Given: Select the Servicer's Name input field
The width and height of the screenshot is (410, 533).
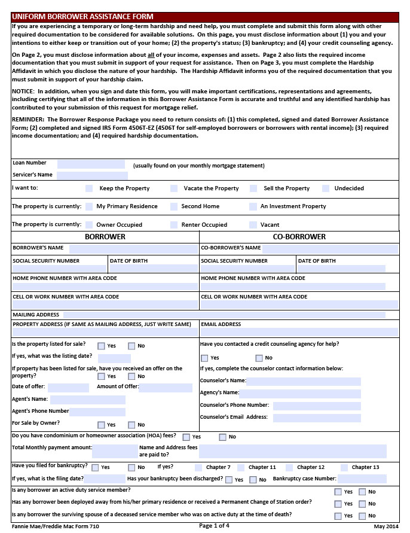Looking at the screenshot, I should [x=91, y=175].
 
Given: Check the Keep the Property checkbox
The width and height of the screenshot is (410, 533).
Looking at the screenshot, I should [x=89, y=188].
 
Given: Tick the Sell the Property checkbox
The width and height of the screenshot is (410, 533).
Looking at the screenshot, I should [x=253, y=188].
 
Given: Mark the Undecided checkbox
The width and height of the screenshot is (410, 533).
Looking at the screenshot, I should [x=326, y=188].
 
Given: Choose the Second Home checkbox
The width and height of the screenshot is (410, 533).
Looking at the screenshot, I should [x=174, y=206].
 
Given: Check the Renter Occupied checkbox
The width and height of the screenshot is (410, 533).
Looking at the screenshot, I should [x=174, y=225].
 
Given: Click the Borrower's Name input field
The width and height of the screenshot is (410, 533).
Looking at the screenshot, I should [x=133, y=248].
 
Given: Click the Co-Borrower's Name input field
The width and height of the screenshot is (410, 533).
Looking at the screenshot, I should [x=331, y=248].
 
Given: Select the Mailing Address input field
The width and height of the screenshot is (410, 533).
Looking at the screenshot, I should [x=224, y=315].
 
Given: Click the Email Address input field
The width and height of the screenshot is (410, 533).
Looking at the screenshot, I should [x=299, y=332].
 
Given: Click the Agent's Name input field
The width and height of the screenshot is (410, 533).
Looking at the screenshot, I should [x=88, y=400].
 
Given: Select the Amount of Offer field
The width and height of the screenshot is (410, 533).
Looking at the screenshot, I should [x=166, y=388].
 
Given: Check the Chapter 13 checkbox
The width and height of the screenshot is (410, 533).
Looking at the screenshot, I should [x=344, y=468].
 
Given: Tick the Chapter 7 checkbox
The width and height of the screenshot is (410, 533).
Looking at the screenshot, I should [x=198, y=468].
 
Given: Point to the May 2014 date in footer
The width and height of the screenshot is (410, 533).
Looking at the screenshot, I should [x=385, y=526].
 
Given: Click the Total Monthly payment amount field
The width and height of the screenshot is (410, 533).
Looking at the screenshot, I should [x=115, y=451].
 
